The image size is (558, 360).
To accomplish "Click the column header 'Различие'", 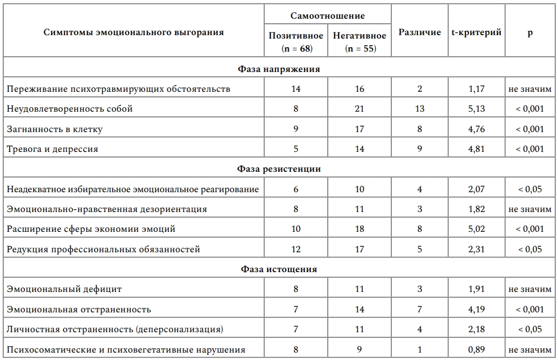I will pos(420,32).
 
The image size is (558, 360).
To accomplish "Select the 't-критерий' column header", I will pos(476,32).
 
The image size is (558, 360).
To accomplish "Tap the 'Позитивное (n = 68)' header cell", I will pos(296,42).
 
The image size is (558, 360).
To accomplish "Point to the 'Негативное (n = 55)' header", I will pos(360,42).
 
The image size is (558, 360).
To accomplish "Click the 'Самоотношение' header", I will pos(328,16).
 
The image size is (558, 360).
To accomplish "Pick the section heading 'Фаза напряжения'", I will pos(278,69).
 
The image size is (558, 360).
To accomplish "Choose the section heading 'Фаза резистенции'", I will pos(278,169).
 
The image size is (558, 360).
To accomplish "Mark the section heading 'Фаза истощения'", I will pos(278,269).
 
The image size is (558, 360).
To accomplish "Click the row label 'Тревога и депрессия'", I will pos(52,149).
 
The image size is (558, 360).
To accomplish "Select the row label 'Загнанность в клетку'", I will pos(54,129).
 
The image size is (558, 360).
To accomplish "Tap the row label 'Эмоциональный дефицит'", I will pos(64,289).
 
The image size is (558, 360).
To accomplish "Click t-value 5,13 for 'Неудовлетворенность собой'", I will pos(477,109).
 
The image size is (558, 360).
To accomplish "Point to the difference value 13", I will pos(420,109).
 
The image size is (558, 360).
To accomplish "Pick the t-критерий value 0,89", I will pos(477,350).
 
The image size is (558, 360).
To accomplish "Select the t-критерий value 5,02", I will pos(477,229).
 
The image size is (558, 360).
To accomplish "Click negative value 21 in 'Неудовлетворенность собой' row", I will pos(360,109).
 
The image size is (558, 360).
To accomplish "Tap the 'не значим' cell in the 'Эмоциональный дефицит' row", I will pos(530,289).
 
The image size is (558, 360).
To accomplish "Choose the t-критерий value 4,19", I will pos(477,310).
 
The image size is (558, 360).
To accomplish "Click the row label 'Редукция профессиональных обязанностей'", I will pos(103,249).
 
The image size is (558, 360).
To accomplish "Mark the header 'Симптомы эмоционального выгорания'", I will pos(134,32).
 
